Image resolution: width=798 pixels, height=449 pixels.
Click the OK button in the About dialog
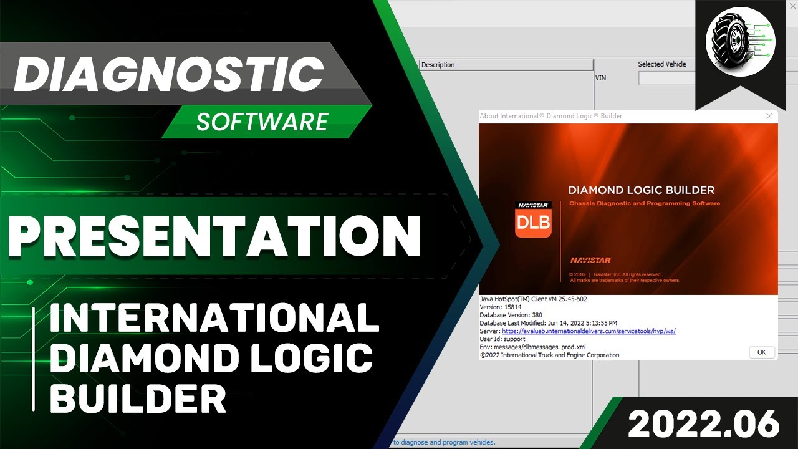pyautogui.click(x=761, y=352)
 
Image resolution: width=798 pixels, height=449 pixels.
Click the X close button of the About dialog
pyautogui.click(x=769, y=116)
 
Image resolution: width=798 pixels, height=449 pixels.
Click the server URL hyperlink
pyautogui.click(x=589, y=331)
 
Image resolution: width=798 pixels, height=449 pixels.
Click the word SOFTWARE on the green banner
pyautogui.click(x=262, y=121)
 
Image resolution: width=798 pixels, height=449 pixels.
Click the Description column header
pyautogui.click(x=438, y=65)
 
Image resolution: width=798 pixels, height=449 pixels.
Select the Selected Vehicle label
pyautogui.click(x=661, y=64)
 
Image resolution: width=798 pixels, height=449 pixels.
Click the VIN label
pyautogui.click(x=601, y=78)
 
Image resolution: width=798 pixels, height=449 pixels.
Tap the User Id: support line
pyautogui.click(x=502, y=339)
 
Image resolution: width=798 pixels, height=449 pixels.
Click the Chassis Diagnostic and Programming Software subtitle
pyautogui.click(x=644, y=203)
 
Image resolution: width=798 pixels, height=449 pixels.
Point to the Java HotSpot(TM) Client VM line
pyautogui.click(x=533, y=299)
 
